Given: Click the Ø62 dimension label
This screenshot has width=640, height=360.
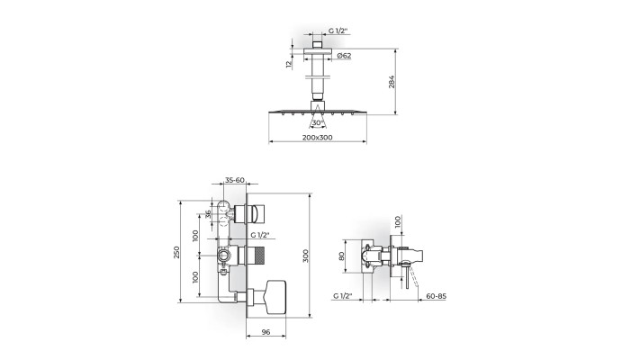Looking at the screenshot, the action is [345, 56].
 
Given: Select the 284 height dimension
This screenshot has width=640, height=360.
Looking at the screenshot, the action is [392, 83].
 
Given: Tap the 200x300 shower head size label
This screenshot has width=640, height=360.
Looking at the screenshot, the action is [317, 138].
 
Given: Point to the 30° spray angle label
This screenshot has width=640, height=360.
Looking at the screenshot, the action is [317, 122].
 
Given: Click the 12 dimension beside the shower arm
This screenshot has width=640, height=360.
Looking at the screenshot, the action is [289, 64].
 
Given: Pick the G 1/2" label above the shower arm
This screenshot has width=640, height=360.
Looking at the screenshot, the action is [338, 31].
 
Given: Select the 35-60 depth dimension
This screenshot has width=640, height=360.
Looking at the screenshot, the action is [235, 180].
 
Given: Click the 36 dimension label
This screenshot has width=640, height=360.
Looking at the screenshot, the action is [209, 214].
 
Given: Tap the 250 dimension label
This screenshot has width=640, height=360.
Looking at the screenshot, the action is [176, 252].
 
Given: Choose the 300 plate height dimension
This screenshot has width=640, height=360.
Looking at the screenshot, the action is [306, 256].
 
